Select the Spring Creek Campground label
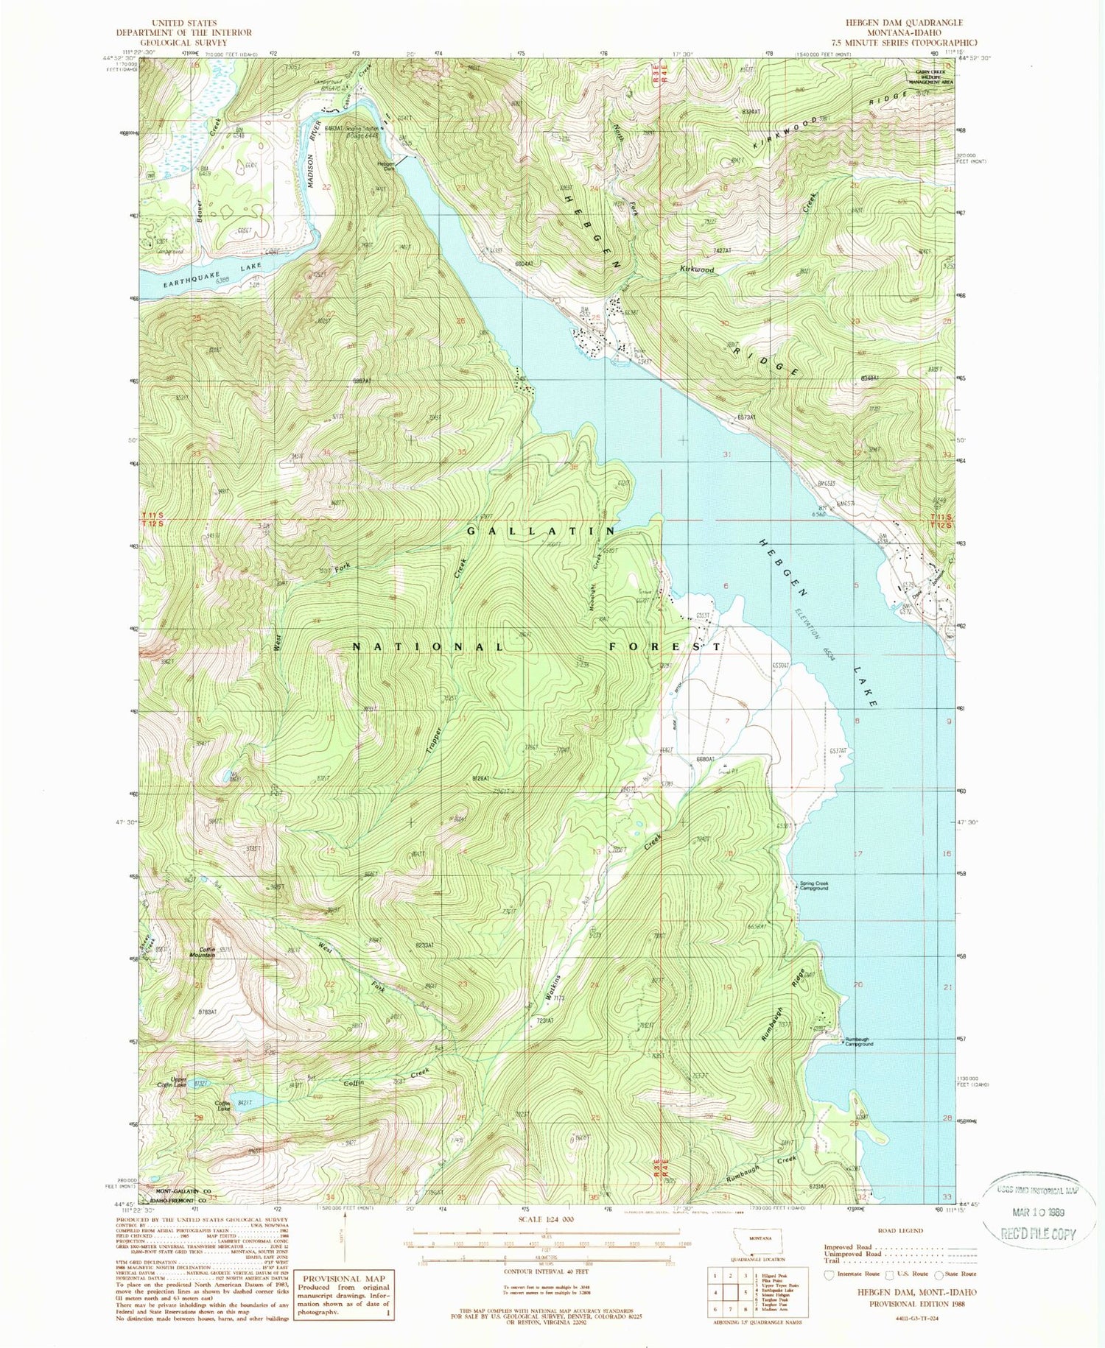tap(814, 886)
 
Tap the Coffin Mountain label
tap(201, 952)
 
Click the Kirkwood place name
tap(696, 270)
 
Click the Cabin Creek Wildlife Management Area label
tap(934, 77)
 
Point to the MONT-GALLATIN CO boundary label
tap(183, 1190)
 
